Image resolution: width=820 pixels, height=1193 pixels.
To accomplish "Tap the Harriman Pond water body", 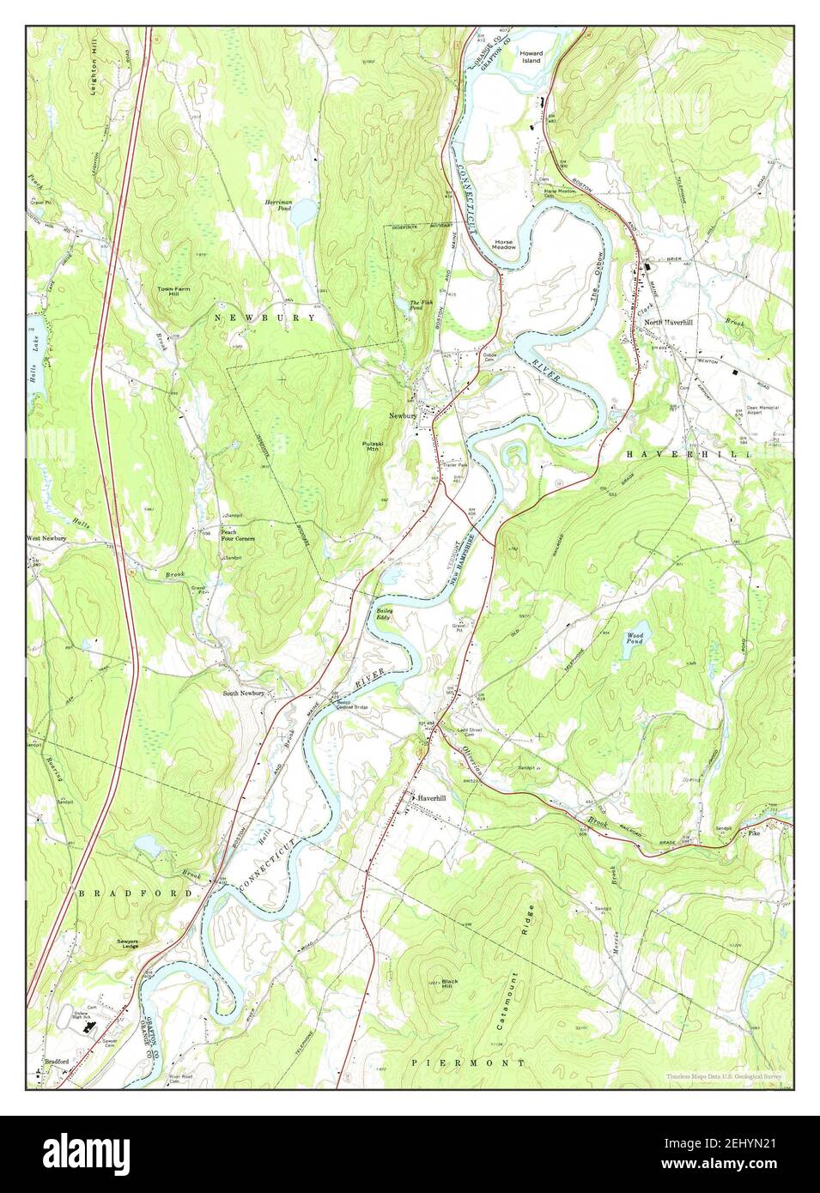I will [302, 218].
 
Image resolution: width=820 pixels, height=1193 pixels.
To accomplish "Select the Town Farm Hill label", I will [173, 292].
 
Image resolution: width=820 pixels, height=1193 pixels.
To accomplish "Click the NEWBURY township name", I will [265, 318].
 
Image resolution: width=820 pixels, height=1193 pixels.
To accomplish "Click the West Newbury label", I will [46, 538].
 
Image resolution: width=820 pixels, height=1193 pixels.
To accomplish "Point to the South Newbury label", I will [245, 693].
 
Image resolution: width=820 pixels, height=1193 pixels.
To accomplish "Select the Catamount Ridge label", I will [525, 944].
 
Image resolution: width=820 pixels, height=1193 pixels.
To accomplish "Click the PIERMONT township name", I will [468, 1063].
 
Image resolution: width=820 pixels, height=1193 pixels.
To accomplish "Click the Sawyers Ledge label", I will [129, 944].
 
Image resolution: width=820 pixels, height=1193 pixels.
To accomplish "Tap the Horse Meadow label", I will [504, 245].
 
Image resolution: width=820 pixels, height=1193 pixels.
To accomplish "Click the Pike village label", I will [753, 833].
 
